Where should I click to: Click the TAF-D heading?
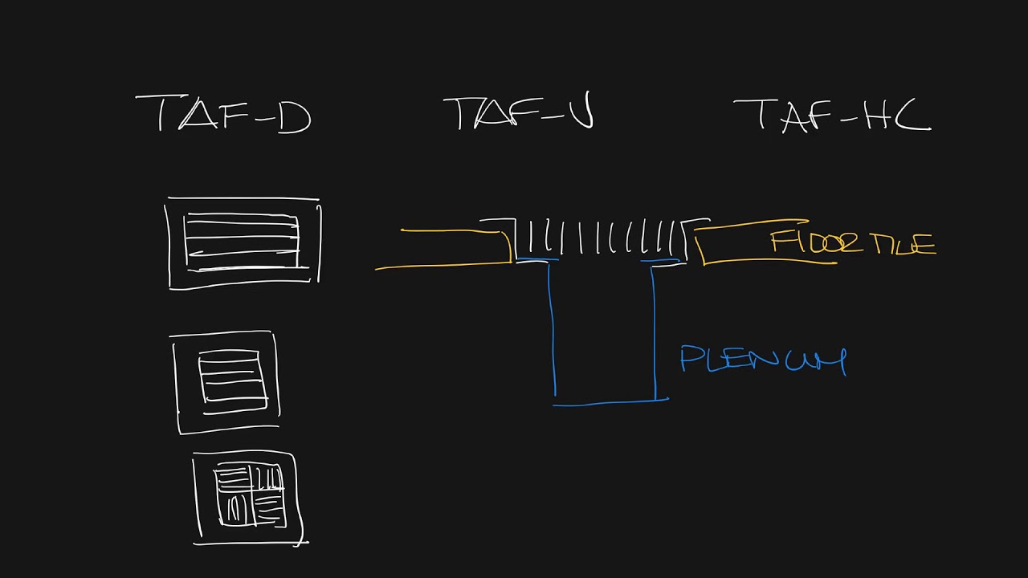pyautogui.click(x=223, y=114)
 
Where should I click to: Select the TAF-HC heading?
pyautogui.click(x=833, y=115)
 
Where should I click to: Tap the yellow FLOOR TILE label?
pyautogui.click(x=853, y=242)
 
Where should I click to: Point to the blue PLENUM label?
pyautogui.click(x=763, y=360)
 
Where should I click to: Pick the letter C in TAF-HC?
pyautogui.click(x=912, y=115)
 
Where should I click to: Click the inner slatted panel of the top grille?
pyautogui.click(x=242, y=242)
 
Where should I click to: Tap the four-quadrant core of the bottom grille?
pyautogui.click(x=251, y=495)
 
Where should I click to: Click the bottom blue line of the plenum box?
pyautogui.click(x=610, y=402)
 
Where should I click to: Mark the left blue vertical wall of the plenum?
pyautogui.click(x=552, y=329)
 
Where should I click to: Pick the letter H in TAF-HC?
pyautogui.click(x=875, y=115)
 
